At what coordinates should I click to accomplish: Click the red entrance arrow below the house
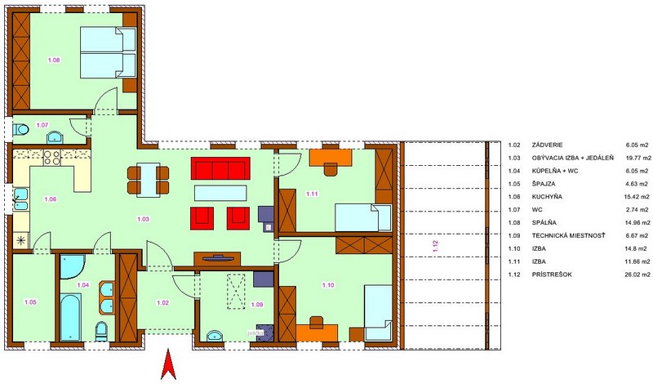coord(169,364)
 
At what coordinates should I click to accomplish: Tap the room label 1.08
coord(54,60)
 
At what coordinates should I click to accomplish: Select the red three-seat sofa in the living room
coord(220,168)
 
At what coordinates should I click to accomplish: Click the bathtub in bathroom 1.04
coord(70,317)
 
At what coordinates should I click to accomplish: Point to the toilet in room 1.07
coord(20,130)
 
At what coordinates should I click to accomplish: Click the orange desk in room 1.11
coord(331,157)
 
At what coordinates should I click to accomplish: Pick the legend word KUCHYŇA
coord(547,197)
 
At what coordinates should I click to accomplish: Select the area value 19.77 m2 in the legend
coord(638,158)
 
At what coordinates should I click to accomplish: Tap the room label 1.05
coord(30,302)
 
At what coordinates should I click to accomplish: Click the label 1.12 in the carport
coord(436,246)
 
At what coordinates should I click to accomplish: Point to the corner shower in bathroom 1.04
coord(73,267)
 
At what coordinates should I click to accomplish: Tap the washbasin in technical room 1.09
coord(215,335)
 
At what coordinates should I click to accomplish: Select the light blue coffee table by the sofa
coord(220,193)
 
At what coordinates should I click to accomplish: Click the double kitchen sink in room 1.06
coord(20,199)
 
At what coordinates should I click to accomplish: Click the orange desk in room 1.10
coord(317,333)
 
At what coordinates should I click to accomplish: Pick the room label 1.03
coord(143,219)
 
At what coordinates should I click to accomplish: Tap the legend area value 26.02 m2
coord(637,275)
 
